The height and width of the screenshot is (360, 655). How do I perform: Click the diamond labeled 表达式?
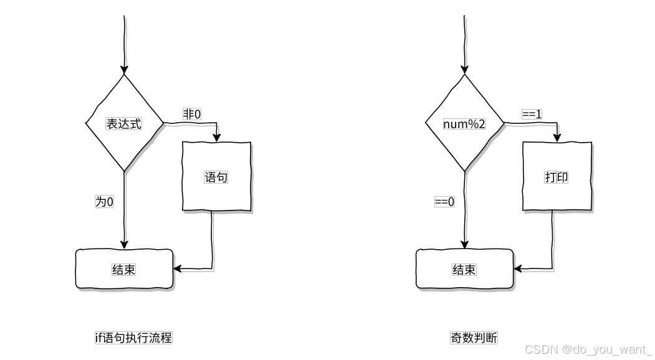click(x=124, y=123)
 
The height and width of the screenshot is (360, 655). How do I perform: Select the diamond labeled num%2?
click(x=464, y=123)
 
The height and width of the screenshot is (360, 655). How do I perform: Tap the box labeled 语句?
click(x=216, y=177)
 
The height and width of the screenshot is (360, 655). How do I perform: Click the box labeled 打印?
click(x=556, y=177)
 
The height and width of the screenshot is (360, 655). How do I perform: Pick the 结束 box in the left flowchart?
click(x=124, y=269)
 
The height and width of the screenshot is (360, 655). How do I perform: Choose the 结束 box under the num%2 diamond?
click(x=464, y=269)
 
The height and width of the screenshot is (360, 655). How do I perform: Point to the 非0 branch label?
click(x=191, y=114)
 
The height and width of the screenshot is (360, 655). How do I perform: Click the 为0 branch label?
click(x=104, y=201)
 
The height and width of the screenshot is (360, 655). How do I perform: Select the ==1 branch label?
click(x=532, y=114)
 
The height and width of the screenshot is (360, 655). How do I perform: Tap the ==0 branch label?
click(x=444, y=201)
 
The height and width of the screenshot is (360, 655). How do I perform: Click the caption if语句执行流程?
click(x=133, y=338)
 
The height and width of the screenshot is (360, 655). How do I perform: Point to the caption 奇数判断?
click(x=474, y=338)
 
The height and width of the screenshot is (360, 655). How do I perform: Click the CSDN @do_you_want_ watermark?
click(x=588, y=349)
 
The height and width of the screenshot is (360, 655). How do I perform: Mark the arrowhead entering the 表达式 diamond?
click(x=124, y=69)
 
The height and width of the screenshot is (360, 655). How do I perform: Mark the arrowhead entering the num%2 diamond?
click(x=464, y=69)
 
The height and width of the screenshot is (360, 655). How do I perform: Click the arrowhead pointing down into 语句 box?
click(x=216, y=137)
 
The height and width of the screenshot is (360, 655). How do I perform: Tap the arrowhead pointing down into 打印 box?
click(x=557, y=137)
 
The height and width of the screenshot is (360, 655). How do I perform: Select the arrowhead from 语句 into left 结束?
click(x=178, y=269)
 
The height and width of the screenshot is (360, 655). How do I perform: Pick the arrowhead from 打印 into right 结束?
click(x=518, y=269)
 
